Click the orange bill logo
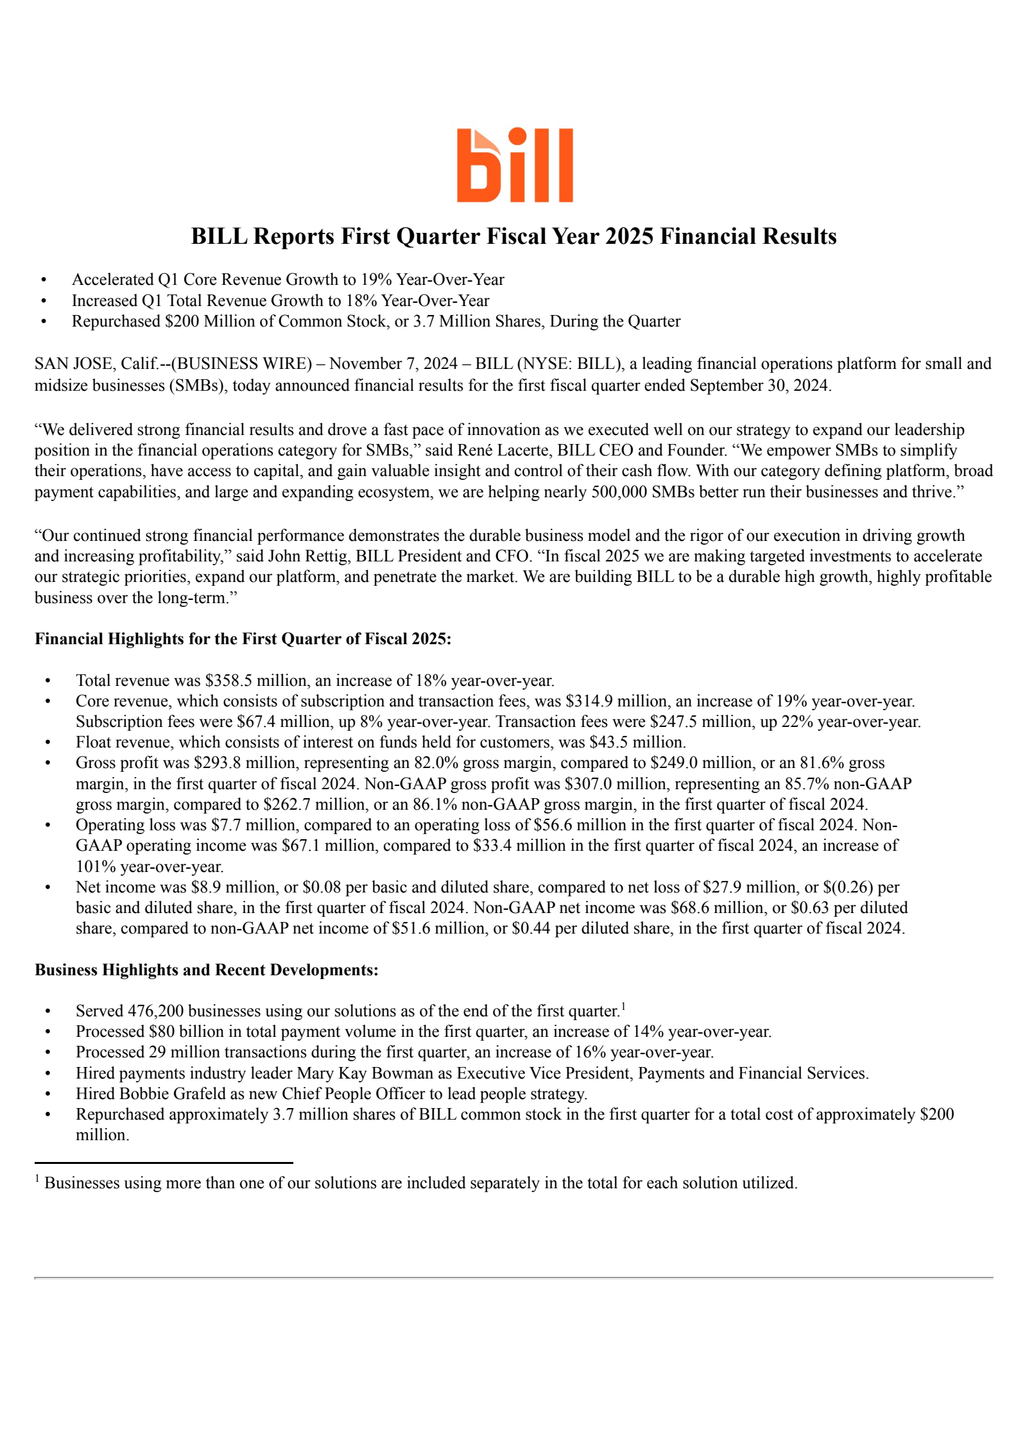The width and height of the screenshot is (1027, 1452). point(514,165)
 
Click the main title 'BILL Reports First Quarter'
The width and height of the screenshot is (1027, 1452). point(513,236)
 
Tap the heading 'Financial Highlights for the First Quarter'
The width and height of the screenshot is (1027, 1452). point(243,638)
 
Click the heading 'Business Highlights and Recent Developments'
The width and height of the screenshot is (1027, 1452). point(206,969)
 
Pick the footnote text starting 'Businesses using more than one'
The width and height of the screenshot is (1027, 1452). point(420,1183)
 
